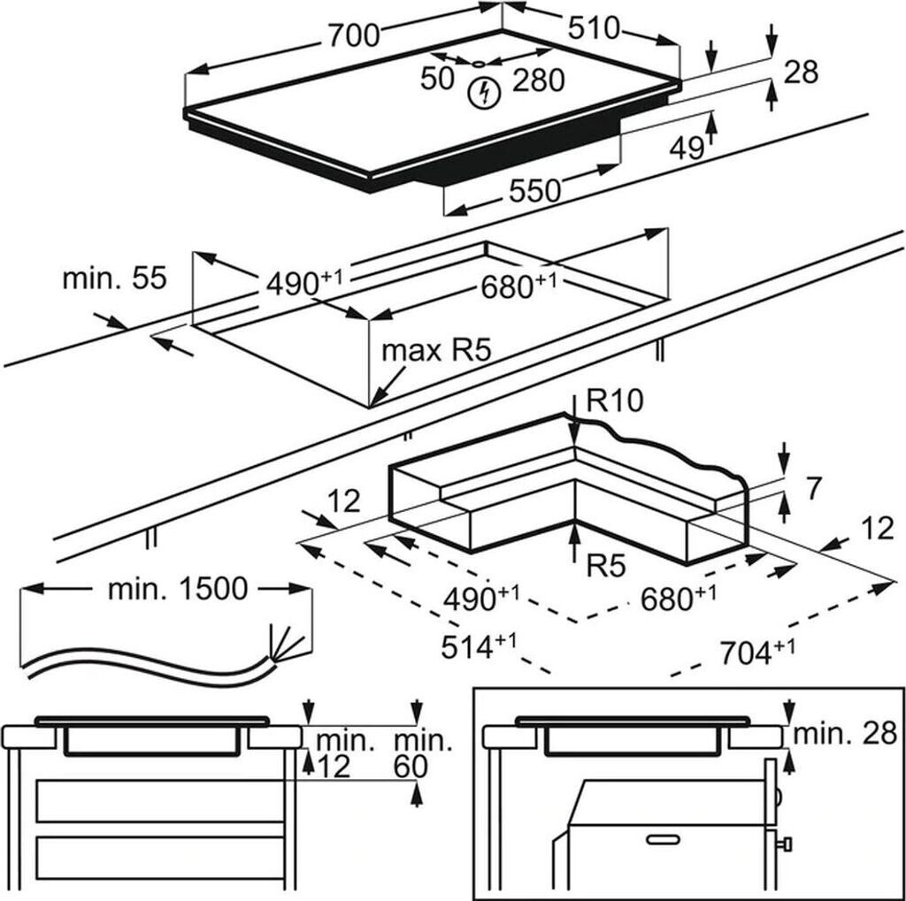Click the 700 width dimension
(x=354, y=34)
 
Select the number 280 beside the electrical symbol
(x=537, y=80)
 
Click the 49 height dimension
(x=686, y=149)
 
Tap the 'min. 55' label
(x=114, y=279)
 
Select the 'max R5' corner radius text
(x=435, y=351)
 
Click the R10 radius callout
(x=613, y=403)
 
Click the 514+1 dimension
(x=479, y=646)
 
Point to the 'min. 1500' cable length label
(x=178, y=589)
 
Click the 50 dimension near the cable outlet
(x=437, y=79)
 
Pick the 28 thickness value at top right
(x=801, y=72)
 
